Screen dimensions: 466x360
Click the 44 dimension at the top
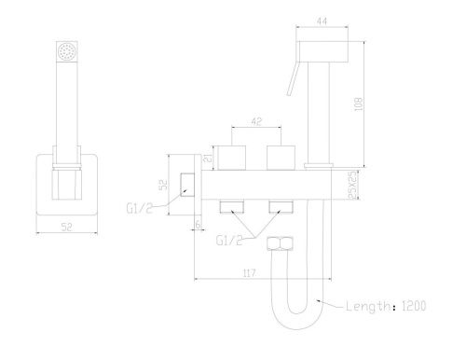tap(322, 21)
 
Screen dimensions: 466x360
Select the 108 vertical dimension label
tap(358, 104)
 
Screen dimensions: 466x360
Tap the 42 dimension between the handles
tap(256, 121)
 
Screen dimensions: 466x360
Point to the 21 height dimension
tap(209, 158)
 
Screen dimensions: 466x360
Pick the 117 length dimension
tap(249, 273)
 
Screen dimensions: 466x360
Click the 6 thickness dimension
tap(198, 224)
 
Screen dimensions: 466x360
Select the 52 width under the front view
tap(66, 227)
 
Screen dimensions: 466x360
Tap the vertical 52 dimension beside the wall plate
tap(164, 185)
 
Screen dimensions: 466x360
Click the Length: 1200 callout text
tap(386, 306)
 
